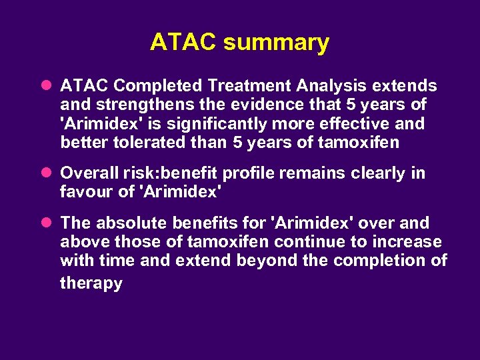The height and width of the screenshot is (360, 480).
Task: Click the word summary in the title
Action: tap(276, 42)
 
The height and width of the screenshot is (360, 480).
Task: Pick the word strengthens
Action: tap(137, 105)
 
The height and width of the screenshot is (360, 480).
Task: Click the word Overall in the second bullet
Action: tap(89, 173)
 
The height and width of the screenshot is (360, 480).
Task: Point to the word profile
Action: tap(248, 173)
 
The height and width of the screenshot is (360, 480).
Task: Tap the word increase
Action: tap(407, 241)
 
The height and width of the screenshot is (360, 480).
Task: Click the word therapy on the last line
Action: tap(91, 283)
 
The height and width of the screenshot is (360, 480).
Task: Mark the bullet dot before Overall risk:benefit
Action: tap(45, 173)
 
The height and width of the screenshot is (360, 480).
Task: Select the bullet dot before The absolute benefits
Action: tap(45, 223)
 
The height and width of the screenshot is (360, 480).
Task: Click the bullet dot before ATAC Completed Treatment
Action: tap(45, 86)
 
